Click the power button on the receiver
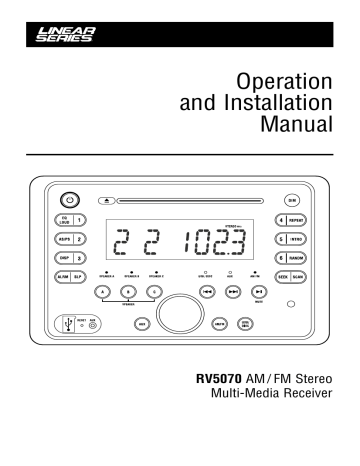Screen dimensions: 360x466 [x=67, y=197]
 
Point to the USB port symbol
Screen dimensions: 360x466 [x=67, y=325]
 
